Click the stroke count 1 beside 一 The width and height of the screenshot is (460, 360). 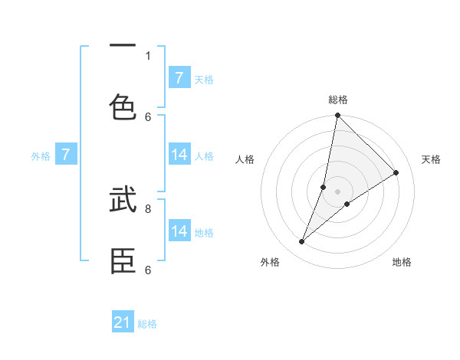(x=148, y=55)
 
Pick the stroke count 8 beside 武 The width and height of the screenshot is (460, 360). (x=148, y=208)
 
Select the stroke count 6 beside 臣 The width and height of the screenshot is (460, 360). (x=148, y=270)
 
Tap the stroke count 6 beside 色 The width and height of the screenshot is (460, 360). (x=148, y=116)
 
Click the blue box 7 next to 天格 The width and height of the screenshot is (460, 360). (x=179, y=78)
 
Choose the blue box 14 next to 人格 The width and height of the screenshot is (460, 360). (x=179, y=155)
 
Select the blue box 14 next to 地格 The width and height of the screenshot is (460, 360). (x=179, y=231)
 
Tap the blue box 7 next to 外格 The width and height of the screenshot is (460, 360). (x=66, y=155)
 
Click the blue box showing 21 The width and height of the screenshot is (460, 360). (x=123, y=323)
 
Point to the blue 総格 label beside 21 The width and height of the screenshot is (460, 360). (x=147, y=324)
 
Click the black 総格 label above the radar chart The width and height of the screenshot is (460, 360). (x=337, y=100)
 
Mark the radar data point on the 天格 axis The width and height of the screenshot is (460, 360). (x=396, y=172)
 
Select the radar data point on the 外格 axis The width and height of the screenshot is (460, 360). (x=302, y=242)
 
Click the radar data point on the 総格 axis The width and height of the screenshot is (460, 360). (x=337, y=116)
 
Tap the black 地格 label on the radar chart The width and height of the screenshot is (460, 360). (x=402, y=262)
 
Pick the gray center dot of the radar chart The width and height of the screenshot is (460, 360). (x=337, y=191)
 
